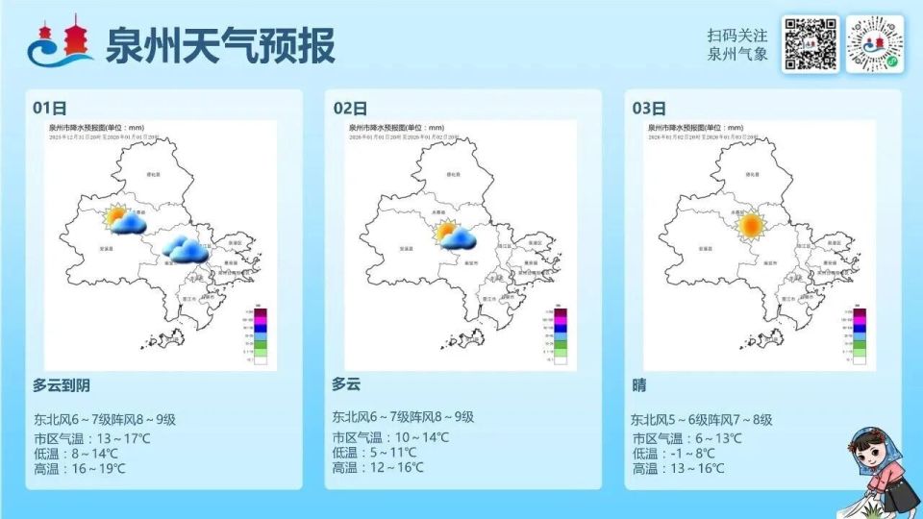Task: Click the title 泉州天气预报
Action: tap(220, 44)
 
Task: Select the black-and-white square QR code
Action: tap(810, 44)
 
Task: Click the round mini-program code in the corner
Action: tap(875, 44)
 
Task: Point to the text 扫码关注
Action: tap(737, 35)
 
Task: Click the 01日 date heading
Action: tap(49, 108)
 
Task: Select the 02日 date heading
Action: tap(349, 108)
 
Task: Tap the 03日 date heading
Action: tap(649, 108)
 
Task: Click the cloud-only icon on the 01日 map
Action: tap(183, 248)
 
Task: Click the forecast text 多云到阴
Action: tap(62, 385)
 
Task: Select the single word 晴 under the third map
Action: tap(639, 385)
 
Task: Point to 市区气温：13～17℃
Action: tap(91, 437)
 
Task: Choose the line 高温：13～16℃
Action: tap(678, 469)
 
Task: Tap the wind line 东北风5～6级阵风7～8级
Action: tap(702, 420)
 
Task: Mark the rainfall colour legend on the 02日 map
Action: tap(559, 336)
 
